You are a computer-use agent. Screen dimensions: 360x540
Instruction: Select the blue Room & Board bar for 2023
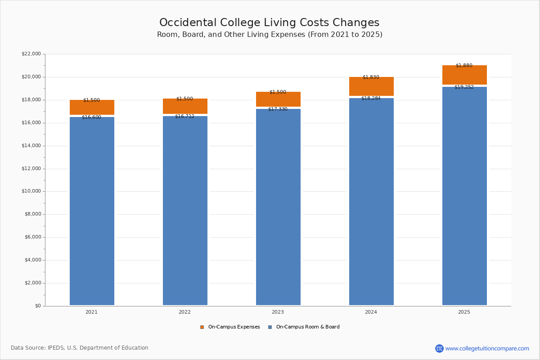(278, 207)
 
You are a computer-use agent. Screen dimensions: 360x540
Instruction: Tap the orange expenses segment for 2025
(464, 75)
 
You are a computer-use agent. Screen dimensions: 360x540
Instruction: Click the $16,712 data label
(184, 117)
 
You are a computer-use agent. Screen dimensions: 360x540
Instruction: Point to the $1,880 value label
(464, 66)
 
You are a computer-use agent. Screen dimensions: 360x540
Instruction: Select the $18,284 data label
(371, 98)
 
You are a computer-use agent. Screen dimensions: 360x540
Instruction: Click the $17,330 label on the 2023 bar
(278, 109)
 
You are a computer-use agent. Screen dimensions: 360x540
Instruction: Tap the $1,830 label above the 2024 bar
(371, 77)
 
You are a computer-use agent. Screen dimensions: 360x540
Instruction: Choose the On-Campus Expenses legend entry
(230, 327)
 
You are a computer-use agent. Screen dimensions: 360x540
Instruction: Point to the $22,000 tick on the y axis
(31, 54)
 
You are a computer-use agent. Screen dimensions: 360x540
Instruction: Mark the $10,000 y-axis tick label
(31, 191)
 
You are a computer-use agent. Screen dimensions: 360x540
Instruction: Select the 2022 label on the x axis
(184, 312)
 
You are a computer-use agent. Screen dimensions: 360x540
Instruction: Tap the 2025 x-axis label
(464, 312)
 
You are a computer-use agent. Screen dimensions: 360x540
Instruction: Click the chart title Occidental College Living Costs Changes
(269, 23)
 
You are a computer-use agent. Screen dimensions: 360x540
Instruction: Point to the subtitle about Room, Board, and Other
(270, 35)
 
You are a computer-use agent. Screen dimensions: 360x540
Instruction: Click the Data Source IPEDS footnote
(80, 348)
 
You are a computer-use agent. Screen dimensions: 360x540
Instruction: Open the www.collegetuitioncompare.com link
(487, 348)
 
